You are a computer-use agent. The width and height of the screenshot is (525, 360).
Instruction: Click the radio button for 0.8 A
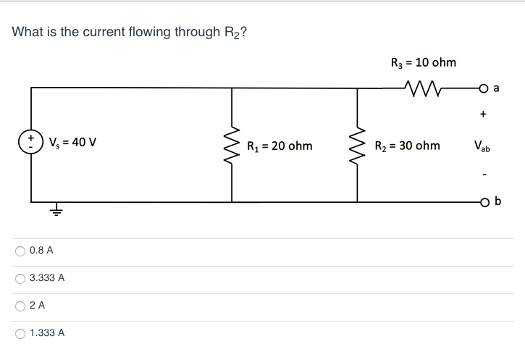tap(20, 251)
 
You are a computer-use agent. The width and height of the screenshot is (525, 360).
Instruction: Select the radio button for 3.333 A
tap(20, 278)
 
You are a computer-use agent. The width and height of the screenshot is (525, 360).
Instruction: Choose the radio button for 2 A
tap(20, 306)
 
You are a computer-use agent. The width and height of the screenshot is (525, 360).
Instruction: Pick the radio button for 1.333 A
tap(20, 333)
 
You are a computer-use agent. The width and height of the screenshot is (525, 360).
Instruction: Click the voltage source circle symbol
tap(31, 140)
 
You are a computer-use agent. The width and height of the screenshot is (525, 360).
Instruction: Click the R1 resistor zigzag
tap(232, 145)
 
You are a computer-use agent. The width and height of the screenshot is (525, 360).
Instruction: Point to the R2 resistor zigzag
tap(356, 145)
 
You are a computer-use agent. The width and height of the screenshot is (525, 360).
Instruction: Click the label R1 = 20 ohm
tap(280, 146)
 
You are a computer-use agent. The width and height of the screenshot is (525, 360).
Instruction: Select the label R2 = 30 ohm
tap(406, 146)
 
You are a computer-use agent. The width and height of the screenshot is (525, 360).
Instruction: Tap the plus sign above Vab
tap(482, 114)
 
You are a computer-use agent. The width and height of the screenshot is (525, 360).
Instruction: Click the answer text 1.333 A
tap(47, 333)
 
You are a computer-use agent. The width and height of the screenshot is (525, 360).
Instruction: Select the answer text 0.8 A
tap(41, 251)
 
